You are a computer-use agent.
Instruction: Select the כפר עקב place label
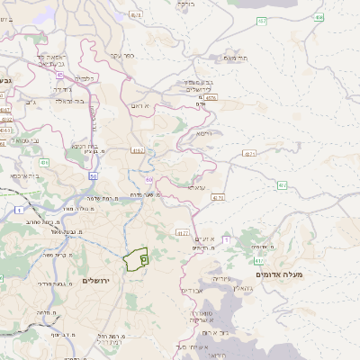pos(123,56)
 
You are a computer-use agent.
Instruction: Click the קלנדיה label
pos(84,78)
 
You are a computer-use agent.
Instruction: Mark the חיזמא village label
pos(203,132)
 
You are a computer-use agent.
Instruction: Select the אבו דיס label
pos(193,291)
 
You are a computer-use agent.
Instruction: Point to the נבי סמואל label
pos(24,140)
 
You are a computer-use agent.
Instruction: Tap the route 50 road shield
pos(93,176)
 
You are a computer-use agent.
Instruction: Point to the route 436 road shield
pos(44,163)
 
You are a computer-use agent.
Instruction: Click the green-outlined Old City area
pos(137,259)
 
